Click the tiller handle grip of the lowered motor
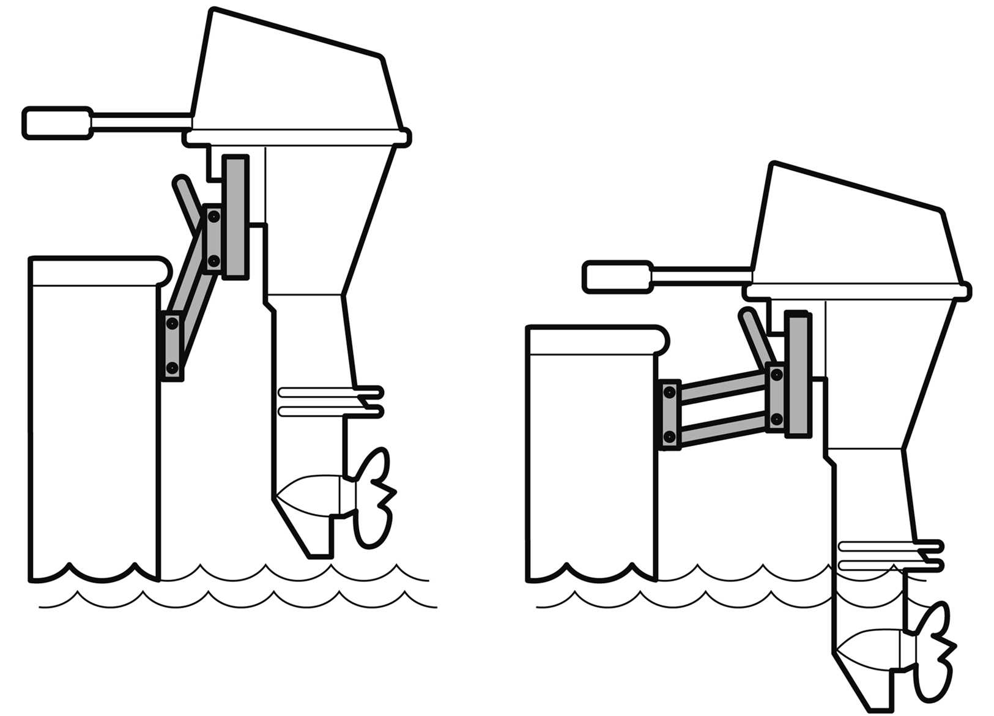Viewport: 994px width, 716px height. coord(617,277)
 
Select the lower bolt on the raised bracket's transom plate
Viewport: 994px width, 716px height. coord(172,367)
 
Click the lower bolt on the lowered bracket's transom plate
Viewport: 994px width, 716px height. coord(669,436)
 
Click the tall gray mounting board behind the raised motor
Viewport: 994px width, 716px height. coord(235,217)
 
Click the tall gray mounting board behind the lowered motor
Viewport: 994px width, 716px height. coord(797,373)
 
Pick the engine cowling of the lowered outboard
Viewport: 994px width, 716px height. coord(856,233)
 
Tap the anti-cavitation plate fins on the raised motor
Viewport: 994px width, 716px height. coord(330,401)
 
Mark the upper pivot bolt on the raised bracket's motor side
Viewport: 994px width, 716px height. coord(213,216)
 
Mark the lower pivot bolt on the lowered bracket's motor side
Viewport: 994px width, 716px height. coord(776,419)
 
